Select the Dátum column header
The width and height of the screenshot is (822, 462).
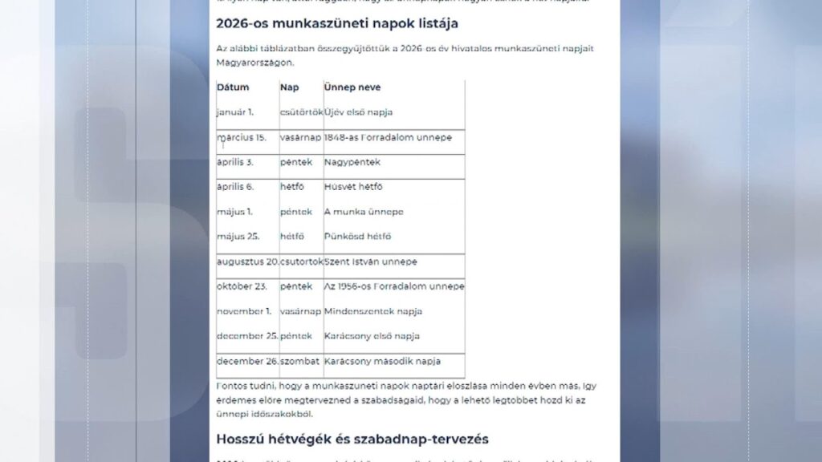pos(233,87)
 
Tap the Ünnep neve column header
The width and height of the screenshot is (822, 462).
pos(352,87)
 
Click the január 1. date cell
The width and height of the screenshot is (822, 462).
pos(235,112)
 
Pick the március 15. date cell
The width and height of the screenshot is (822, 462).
pos(242,138)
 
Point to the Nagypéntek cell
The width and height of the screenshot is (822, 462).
pos(352,162)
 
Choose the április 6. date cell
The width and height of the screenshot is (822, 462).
pos(235,187)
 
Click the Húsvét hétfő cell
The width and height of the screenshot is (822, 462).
pos(353,187)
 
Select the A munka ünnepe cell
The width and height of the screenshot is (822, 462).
pos(364,212)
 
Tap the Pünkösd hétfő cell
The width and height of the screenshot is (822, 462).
pos(357,237)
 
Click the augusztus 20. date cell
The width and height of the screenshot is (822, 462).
pos(247,261)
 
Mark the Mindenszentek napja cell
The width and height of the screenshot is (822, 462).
pos(373,311)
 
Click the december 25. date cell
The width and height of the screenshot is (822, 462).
pos(247,336)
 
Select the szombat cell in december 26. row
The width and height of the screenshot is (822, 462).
pos(300,361)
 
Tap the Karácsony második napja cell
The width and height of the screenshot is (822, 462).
pos(383,361)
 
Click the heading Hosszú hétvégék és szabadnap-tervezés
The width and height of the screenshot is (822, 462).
pos(352,439)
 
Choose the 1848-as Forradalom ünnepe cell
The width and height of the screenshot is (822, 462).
pos(388,138)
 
